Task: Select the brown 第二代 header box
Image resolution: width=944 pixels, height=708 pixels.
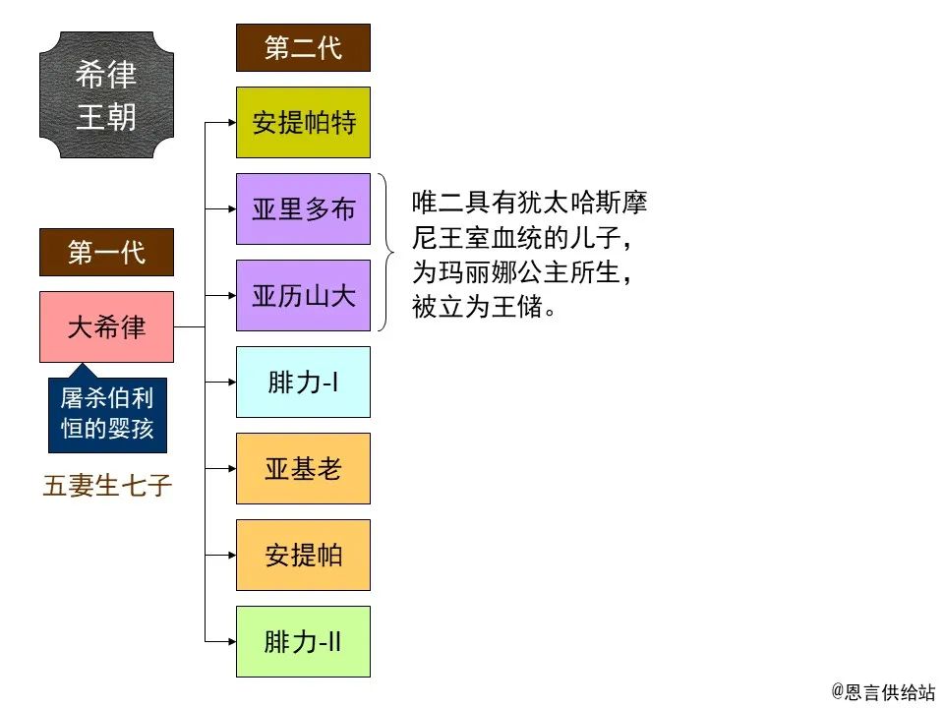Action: click(x=303, y=48)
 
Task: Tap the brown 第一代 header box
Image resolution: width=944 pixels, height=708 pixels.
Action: click(x=106, y=253)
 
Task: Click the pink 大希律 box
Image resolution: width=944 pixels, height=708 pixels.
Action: click(x=106, y=326)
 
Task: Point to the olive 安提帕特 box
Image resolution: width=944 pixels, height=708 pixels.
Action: click(x=303, y=123)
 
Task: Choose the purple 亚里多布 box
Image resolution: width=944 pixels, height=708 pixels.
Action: click(x=303, y=209)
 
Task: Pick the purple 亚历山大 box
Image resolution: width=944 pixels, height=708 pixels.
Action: click(x=303, y=295)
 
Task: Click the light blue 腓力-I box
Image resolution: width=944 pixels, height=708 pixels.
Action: click(x=303, y=382)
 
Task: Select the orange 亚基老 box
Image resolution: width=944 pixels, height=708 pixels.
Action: click(x=303, y=468)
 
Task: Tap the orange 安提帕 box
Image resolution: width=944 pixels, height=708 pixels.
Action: click(x=303, y=555)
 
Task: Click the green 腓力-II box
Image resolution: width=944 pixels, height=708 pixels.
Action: click(x=303, y=641)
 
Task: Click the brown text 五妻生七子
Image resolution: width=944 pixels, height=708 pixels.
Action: click(x=107, y=486)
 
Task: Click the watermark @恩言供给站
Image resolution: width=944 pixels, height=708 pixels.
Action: click(x=882, y=691)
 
